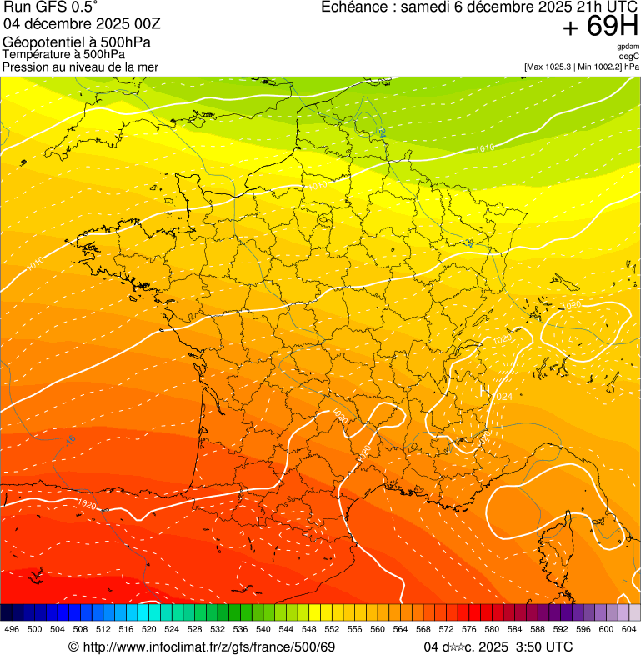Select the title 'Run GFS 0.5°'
tap(50, 7)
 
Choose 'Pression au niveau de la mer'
tap(80, 67)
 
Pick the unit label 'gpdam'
tap(628, 47)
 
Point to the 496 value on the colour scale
tap(12, 629)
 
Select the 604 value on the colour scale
tap(628, 629)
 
